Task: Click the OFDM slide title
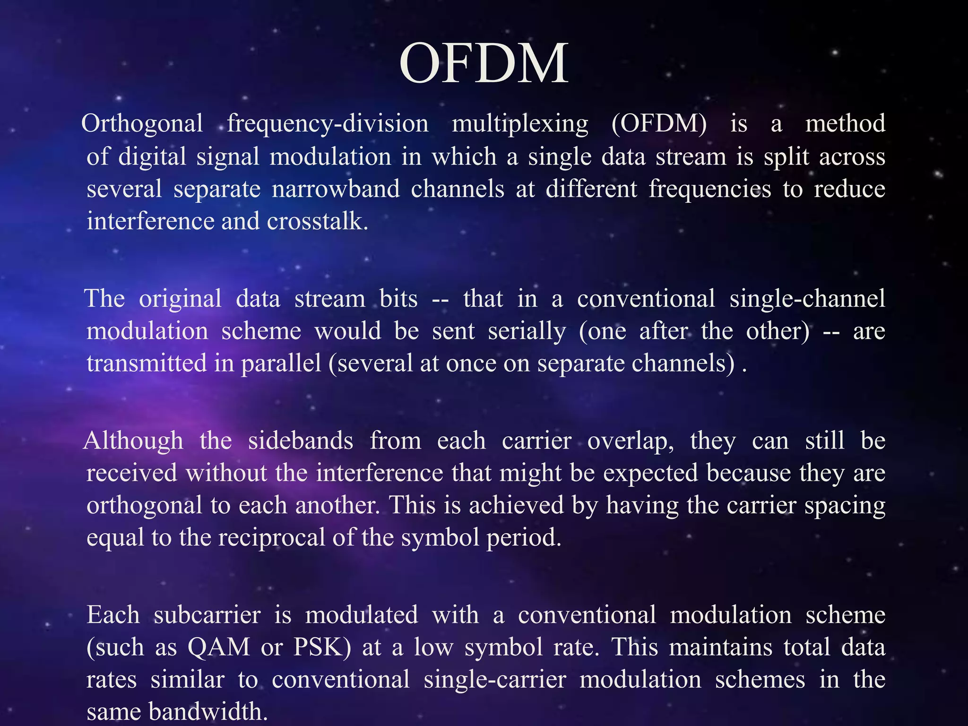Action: (484, 64)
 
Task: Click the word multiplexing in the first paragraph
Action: (520, 124)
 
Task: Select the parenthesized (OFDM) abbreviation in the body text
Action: (659, 124)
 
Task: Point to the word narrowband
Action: (336, 189)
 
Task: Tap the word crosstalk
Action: (317, 221)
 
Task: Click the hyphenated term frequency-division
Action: (328, 124)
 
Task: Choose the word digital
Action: (152, 156)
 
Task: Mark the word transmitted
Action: (147, 363)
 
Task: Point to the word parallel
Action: (281, 363)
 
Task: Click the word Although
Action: (133, 441)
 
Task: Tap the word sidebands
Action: (301, 441)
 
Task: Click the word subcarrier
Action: (207, 615)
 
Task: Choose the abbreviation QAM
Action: (219, 647)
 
